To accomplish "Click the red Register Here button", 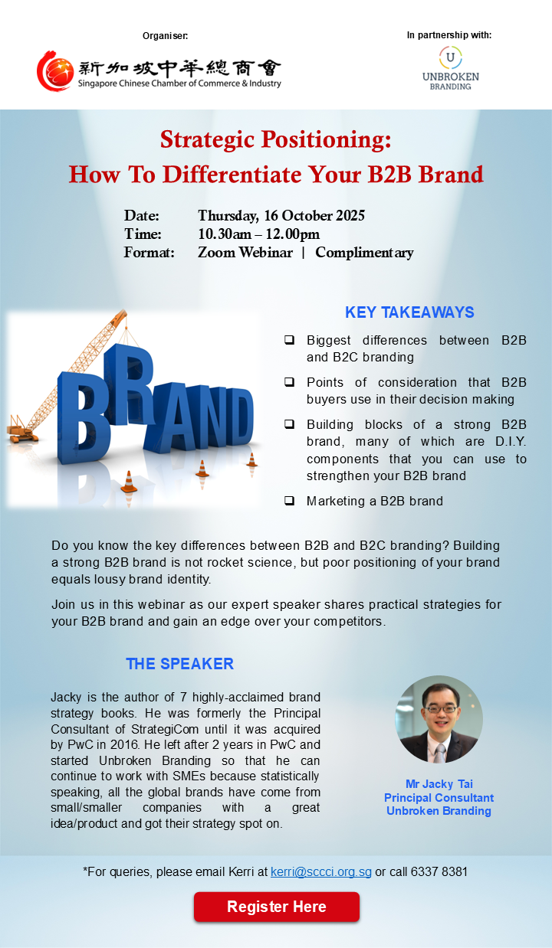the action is [x=277, y=907].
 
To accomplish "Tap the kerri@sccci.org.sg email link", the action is [x=321, y=871].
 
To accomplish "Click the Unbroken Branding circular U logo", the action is [x=450, y=57].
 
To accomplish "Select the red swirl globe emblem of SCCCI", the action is [x=55, y=71].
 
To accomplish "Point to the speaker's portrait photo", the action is [x=439, y=719].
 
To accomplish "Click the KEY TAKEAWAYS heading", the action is [x=409, y=312].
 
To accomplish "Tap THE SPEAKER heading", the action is [x=179, y=664].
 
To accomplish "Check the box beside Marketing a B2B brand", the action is [x=289, y=501].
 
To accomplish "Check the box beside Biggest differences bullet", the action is [x=289, y=340].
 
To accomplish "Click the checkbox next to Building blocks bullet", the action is [x=289, y=424].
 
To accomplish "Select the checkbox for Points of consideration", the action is [x=289, y=382].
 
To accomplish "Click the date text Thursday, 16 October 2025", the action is [x=281, y=216].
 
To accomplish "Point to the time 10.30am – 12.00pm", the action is [x=259, y=234].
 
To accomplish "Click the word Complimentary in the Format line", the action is [x=364, y=253].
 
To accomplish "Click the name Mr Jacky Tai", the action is [x=439, y=784].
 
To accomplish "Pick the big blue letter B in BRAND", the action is [x=84, y=417].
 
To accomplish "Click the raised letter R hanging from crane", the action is [x=130, y=384].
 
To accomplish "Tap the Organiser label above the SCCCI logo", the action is [x=166, y=36].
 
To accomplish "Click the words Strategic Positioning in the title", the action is [x=275, y=139].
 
